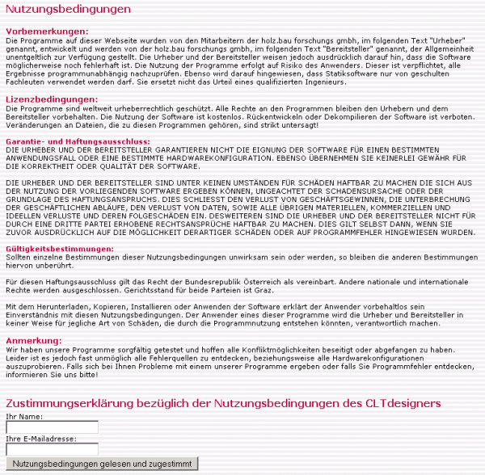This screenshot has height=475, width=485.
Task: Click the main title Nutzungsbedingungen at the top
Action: click(68, 10)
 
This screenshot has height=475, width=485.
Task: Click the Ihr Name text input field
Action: click(52, 427)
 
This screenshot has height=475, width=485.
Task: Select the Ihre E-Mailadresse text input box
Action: click(52, 449)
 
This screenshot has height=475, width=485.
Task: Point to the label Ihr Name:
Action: click(24, 415)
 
